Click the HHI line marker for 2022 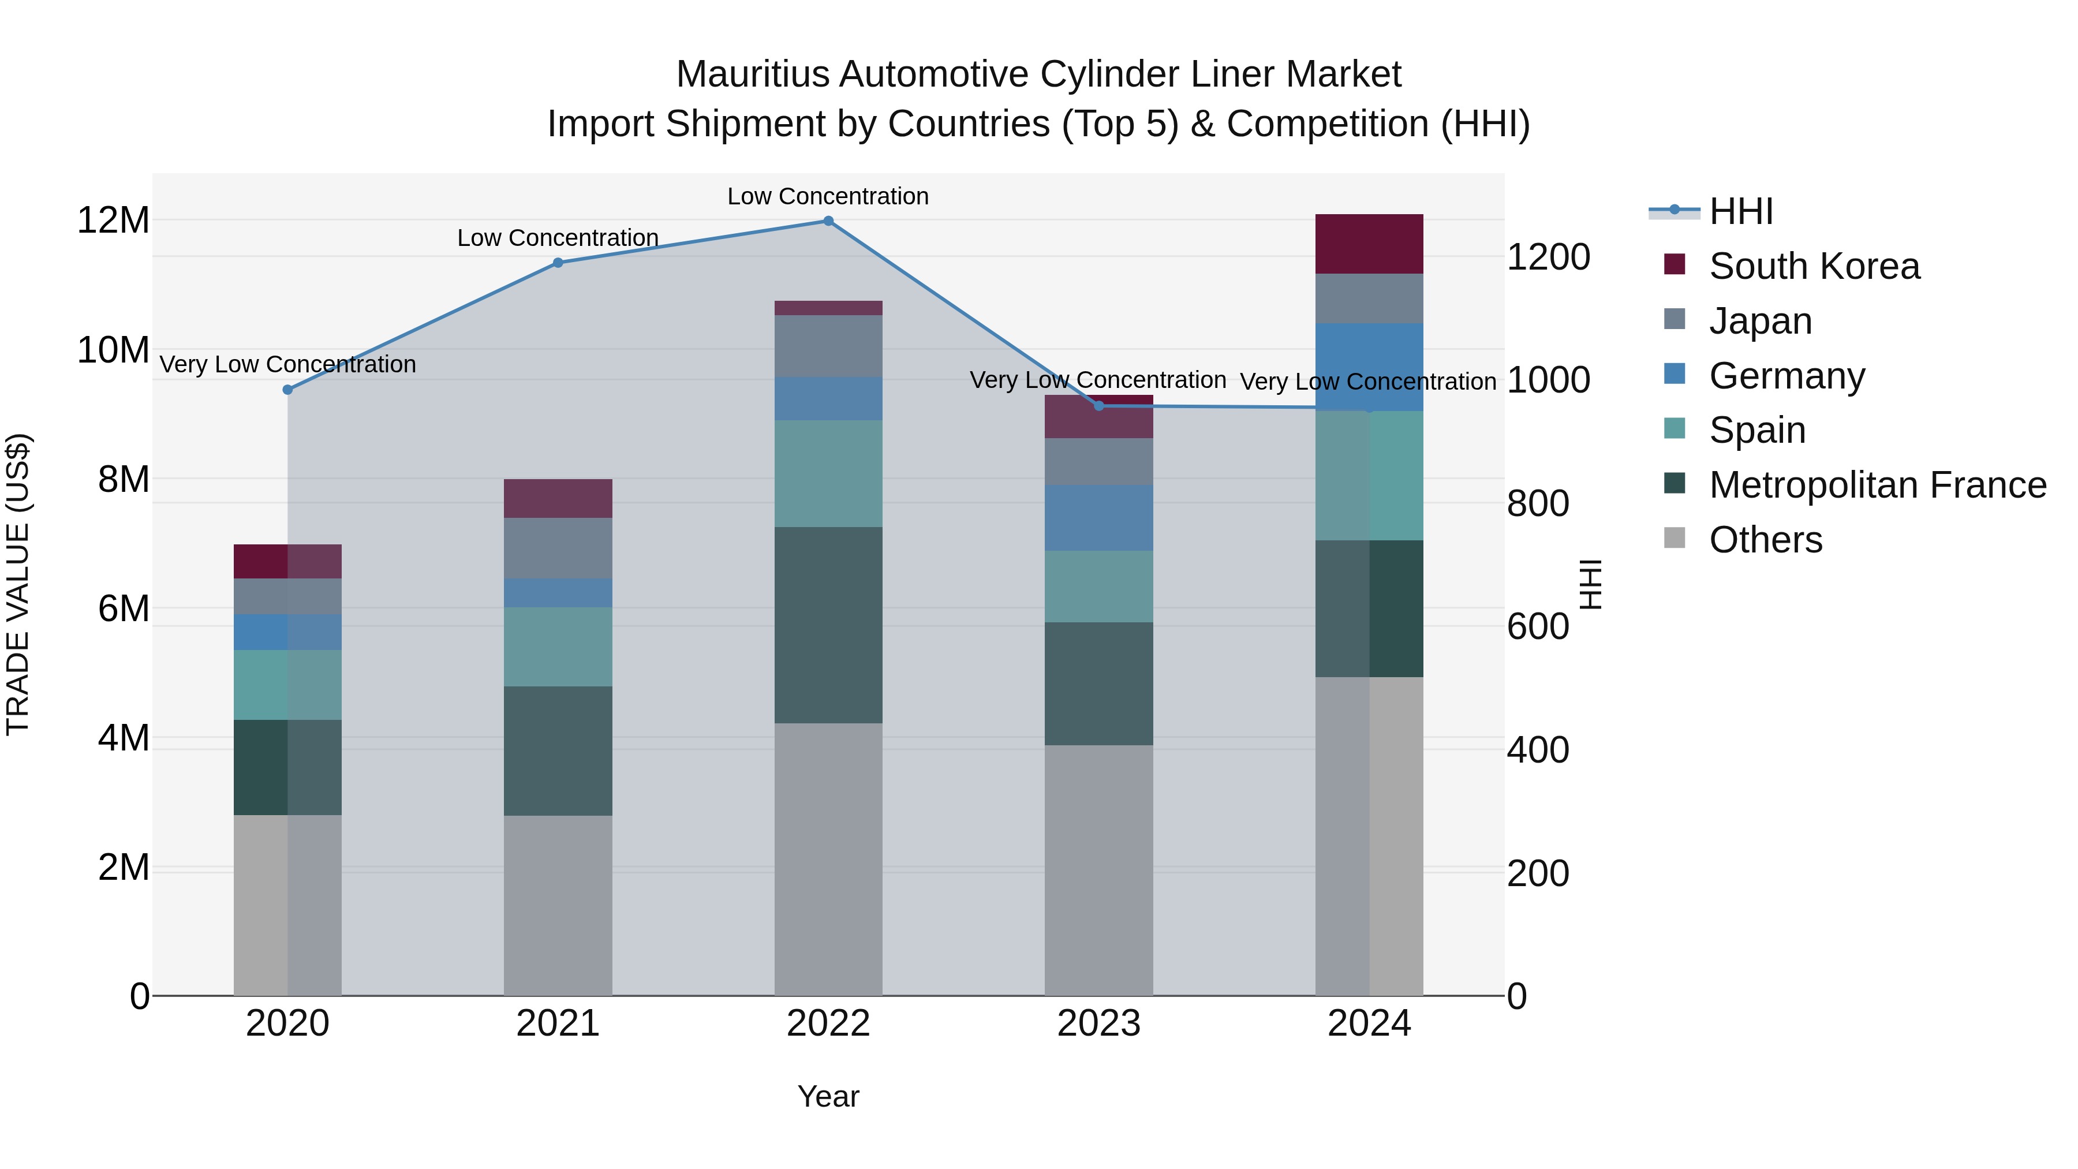(x=828, y=221)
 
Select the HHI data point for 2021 (x=558, y=262)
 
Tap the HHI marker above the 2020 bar (x=287, y=390)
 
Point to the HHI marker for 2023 (x=1098, y=406)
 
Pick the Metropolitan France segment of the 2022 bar (x=828, y=625)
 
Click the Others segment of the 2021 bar (x=558, y=905)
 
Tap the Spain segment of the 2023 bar (x=1098, y=586)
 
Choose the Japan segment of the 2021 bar (x=558, y=548)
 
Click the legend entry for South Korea (x=1814, y=266)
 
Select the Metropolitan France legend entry (x=1877, y=485)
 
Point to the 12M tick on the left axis (x=113, y=221)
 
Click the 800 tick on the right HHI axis (x=1538, y=503)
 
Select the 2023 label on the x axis (x=1098, y=1024)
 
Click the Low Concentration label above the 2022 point (x=828, y=196)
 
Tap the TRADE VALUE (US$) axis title (x=18, y=584)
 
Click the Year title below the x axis (x=828, y=1096)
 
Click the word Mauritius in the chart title (x=752, y=74)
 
